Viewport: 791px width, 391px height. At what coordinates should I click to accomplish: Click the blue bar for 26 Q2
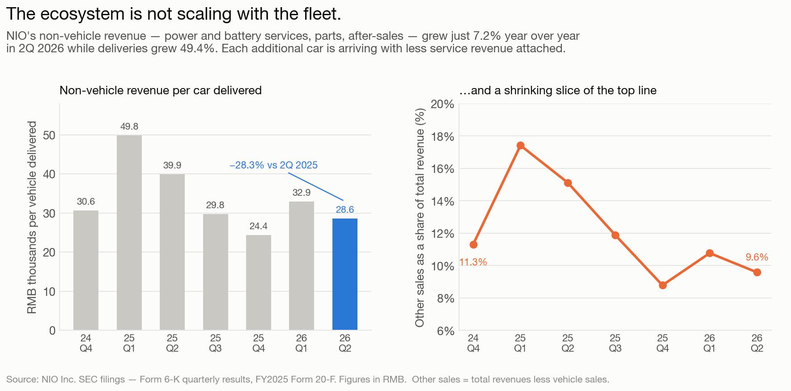click(x=344, y=274)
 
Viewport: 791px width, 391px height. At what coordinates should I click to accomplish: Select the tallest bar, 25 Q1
click(x=129, y=233)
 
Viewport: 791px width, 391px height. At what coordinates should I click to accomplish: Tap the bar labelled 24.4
click(x=259, y=282)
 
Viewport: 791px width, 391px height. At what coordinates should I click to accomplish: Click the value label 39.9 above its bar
click(x=172, y=165)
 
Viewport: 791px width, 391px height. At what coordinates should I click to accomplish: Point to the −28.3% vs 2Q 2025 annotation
click(x=273, y=165)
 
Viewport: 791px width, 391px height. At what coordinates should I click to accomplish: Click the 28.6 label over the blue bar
click(x=345, y=210)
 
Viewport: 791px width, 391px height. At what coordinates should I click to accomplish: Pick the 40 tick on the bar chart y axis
click(x=50, y=174)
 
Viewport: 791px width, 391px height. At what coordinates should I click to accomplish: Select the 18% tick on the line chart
click(x=442, y=137)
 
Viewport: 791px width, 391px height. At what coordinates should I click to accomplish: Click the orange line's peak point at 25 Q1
click(x=520, y=145)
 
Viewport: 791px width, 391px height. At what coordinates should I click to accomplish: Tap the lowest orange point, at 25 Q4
click(x=663, y=285)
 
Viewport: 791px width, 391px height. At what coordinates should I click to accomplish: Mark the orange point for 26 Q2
click(x=757, y=272)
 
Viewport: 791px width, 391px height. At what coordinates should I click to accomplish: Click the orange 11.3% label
click(x=473, y=262)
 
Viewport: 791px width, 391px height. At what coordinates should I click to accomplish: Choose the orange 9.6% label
click(x=757, y=257)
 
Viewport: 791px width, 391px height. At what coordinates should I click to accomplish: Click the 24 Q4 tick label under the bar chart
click(x=86, y=343)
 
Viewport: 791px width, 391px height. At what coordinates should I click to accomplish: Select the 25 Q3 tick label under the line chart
click(x=615, y=343)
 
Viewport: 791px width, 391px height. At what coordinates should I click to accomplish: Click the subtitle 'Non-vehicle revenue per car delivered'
click(x=161, y=90)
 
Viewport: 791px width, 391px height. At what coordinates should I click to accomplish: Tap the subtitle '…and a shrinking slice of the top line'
click(x=558, y=90)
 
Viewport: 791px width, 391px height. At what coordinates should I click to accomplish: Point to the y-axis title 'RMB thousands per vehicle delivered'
click(x=32, y=217)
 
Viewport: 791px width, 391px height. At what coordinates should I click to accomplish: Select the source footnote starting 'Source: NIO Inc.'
click(x=308, y=379)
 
